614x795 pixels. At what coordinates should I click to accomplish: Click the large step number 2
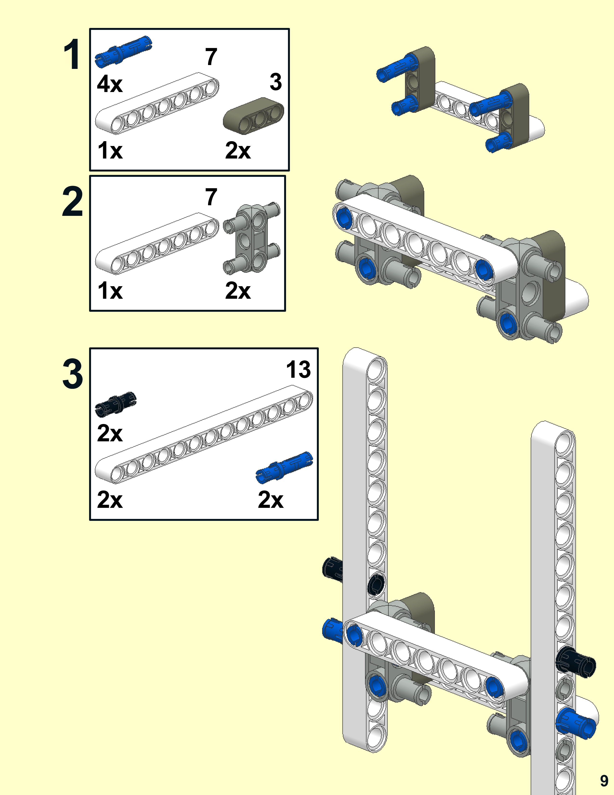point(72,201)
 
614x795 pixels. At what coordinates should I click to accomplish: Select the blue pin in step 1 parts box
point(123,52)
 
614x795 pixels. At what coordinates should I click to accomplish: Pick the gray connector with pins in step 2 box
point(252,238)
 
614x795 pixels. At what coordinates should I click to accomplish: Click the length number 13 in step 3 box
point(298,370)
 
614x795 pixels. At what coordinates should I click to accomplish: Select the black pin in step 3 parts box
point(116,404)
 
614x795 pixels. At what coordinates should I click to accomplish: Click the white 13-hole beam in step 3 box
point(204,437)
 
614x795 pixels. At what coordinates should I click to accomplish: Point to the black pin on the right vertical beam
point(575,662)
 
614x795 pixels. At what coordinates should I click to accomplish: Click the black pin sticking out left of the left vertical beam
point(333,569)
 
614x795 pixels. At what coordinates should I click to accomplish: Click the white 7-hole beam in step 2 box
point(157,244)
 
